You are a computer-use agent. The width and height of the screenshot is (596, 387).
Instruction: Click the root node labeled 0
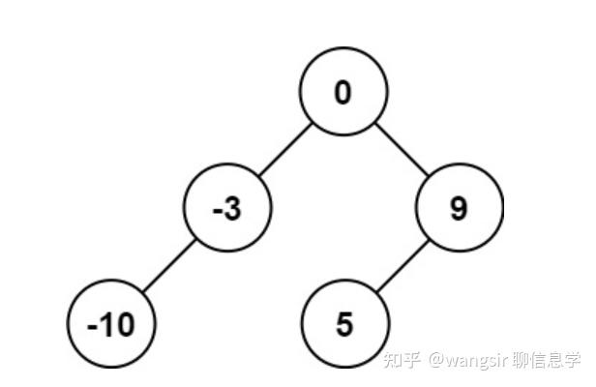coord(343,93)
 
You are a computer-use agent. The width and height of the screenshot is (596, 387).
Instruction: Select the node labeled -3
coord(228,208)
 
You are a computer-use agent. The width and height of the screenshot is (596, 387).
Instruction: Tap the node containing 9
coord(460,208)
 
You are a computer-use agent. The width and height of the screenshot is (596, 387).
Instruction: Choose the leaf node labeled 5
coord(344,324)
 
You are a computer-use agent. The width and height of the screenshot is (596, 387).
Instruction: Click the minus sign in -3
coord(218,210)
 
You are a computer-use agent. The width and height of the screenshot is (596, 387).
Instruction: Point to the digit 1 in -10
coord(105,325)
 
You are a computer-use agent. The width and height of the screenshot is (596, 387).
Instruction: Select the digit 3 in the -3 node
coord(233,209)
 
